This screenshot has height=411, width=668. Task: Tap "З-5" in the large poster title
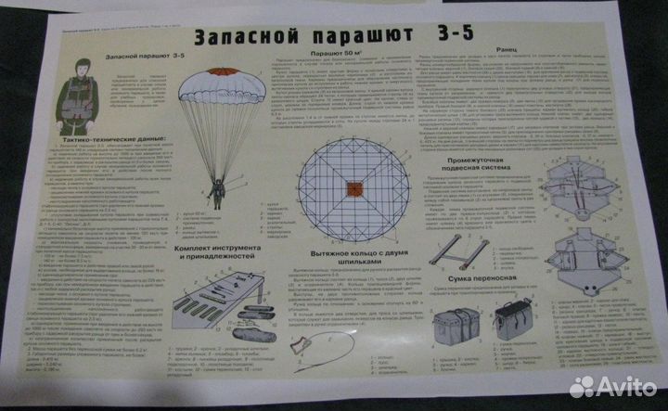click(x=437, y=34)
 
